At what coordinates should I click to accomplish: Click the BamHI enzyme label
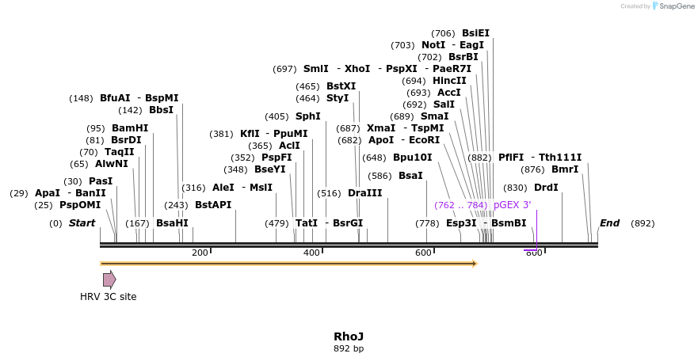129,128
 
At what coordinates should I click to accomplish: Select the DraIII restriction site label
364,193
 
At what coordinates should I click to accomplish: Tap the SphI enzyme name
308,116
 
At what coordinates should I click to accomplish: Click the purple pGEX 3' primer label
512,205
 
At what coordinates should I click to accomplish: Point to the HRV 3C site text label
108,297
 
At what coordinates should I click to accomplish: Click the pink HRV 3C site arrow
109,279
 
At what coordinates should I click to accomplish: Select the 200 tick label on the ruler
200,253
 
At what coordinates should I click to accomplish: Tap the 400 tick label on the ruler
311,253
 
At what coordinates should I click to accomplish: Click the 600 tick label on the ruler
423,253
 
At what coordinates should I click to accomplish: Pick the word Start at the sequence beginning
82,223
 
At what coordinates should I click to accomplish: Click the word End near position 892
609,223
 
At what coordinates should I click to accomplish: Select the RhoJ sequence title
349,336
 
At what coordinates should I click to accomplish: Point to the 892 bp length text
349,348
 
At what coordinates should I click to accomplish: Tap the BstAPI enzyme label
213,205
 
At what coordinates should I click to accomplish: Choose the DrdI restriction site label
546,188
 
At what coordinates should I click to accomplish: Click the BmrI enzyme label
564,169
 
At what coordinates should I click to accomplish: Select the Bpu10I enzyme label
412,158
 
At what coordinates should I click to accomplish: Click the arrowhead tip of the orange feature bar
476,263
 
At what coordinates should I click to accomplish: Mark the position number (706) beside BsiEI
443,33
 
